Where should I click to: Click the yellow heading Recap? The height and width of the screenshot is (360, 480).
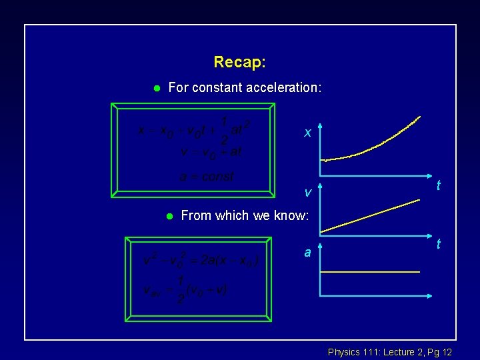[239, 63]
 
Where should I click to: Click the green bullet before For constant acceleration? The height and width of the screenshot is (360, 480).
[155, 88]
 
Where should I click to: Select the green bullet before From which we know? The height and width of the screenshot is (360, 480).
[169, 216]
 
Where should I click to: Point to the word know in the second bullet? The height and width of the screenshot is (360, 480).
[294, 215]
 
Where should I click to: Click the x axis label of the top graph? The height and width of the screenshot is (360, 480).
[307, 133]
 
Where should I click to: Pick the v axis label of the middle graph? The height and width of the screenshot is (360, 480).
[307, 193]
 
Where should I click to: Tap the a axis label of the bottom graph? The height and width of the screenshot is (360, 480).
[307, 253]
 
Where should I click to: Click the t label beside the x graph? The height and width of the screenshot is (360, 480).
[439, 186]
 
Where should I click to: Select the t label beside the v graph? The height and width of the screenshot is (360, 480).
[439, 245]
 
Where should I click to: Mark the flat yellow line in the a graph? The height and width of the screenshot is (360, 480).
[370, 272]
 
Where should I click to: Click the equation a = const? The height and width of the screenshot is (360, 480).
[207, 177]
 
